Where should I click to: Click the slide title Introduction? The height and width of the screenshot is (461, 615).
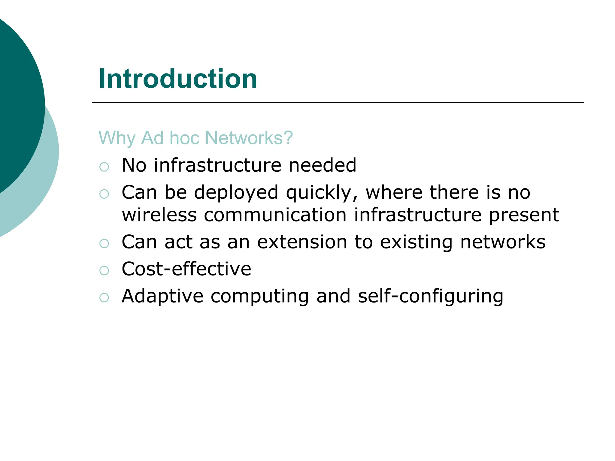click(178, 79)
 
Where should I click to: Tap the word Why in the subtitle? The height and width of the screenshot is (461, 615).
click(117, 138)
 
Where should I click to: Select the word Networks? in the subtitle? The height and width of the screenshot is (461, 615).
click(249, 138)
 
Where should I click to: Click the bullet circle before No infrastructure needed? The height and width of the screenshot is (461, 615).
click(104, 167)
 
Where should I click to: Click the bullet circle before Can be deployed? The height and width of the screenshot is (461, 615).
click(104, 194)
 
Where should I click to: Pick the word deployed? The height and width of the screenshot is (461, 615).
click(236, 192)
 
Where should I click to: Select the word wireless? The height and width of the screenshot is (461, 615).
click(159, 215)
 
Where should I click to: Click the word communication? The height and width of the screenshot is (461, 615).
click(275, 215)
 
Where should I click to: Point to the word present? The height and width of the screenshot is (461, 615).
click(524, 215)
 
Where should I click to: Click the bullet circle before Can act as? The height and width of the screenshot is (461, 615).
click(104, 243)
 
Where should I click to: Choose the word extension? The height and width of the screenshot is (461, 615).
click(302, 242)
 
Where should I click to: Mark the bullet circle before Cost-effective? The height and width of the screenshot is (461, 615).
click(104, 270)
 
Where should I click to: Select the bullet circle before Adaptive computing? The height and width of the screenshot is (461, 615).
click(104, 298)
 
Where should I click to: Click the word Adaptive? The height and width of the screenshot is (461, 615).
click(162, 296)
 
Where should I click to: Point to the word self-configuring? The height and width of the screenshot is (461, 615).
click(431, 296)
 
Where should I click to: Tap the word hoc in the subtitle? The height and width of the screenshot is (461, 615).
click(184, 138)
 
